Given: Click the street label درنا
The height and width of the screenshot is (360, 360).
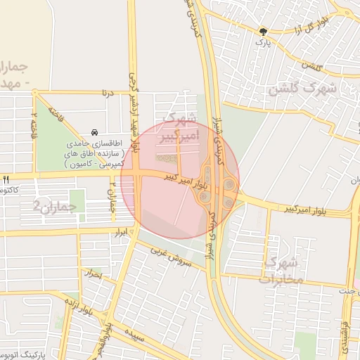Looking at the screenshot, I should [x=108, y=93].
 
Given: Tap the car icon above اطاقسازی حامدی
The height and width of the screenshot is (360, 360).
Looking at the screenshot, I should [x=94, y=133].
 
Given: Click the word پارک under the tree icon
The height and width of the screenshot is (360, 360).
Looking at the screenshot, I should [x=263, y=43].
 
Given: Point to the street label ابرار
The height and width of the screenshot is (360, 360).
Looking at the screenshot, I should [x=124, y=231].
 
